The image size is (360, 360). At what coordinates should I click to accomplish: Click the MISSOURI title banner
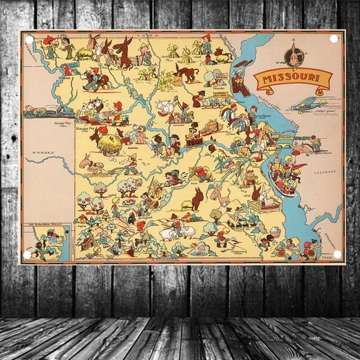tap(292, 79)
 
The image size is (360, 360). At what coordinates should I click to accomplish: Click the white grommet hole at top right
tap(334, 39)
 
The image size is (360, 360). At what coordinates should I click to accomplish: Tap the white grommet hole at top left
tap(29, 39)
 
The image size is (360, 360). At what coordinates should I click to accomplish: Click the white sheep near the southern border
tap(169, 233)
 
